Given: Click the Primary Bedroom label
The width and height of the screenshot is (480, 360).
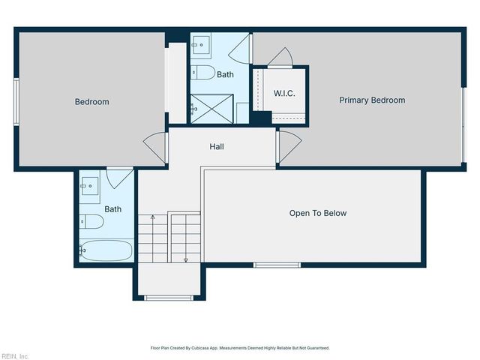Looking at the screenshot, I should click(372, 100).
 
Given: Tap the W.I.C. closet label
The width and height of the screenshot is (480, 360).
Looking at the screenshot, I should click(283, 94).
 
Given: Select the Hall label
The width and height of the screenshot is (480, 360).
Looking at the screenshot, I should click(216, 146).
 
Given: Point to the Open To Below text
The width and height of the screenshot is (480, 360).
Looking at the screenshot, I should click(318, 214).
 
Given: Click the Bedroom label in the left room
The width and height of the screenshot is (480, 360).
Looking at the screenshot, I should click(91, 102).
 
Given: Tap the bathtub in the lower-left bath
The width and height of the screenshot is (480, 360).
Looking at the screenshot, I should click(106, 250).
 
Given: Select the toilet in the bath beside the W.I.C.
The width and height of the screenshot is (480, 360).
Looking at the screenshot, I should click(203, 73).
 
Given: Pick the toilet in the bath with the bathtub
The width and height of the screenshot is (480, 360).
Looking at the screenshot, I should click(92, 221).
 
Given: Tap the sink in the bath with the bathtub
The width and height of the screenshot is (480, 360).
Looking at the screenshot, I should click(91, 184).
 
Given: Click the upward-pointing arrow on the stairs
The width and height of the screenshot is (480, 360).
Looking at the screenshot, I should click(152, 219).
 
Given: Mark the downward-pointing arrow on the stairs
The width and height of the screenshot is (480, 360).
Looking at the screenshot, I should click(186, 258).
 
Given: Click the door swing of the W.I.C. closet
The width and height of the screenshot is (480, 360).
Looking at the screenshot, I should click(280, 57).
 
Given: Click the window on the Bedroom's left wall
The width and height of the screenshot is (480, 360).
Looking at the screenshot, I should click(15, 100).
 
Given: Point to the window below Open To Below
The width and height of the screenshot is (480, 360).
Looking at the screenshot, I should click(277, 265).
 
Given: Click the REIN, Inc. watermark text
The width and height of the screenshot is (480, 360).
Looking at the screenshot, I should click(15, 355).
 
